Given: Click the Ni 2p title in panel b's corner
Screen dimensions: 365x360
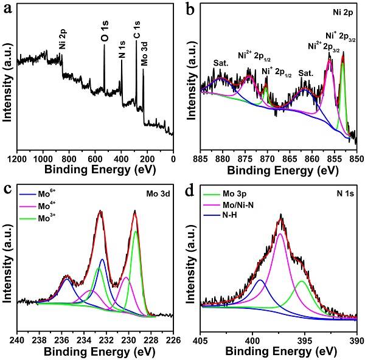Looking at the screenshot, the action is point(343,13).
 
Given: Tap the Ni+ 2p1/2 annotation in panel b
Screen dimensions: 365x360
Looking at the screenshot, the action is point(277,72).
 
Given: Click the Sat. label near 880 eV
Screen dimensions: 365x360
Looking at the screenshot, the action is point(221,63).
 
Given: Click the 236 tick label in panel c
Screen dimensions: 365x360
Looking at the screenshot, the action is point(61,340).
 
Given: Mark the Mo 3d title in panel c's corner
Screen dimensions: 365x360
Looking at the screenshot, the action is point(158,193).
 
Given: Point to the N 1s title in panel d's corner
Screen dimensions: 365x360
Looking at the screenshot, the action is point(345,193).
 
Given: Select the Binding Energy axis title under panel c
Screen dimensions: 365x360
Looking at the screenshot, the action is point(100,351).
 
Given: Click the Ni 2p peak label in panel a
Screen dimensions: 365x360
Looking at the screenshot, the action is point(63,39).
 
